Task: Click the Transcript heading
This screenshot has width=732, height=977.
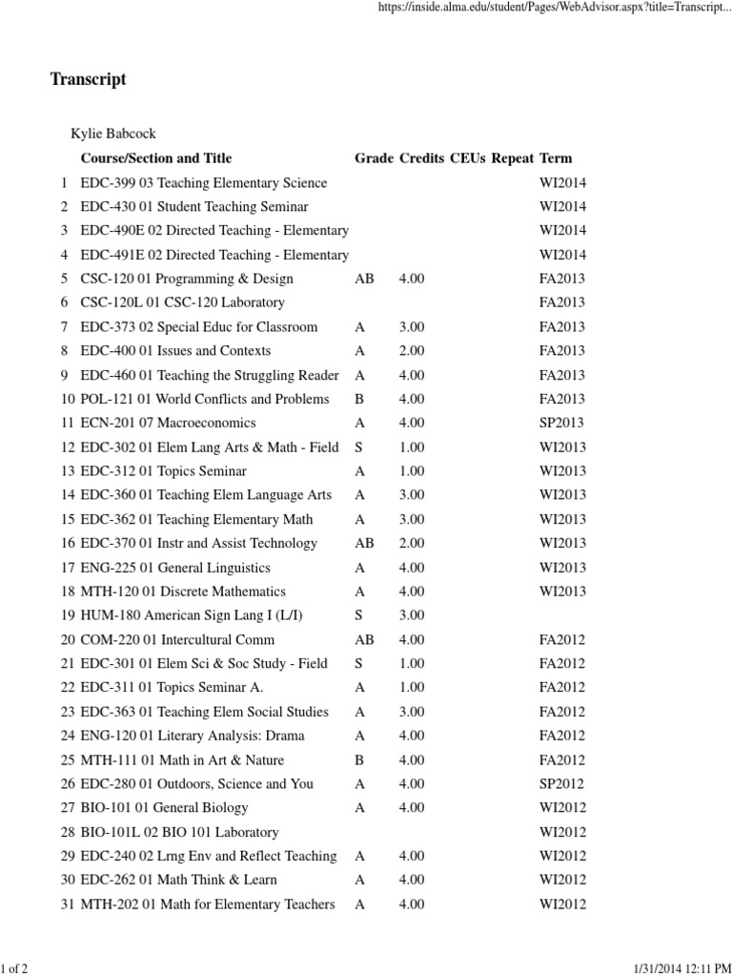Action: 88,80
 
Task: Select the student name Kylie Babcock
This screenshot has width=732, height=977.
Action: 113,134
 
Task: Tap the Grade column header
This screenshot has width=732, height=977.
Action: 374,158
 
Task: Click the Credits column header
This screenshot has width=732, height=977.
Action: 421,158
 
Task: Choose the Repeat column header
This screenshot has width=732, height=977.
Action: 513,158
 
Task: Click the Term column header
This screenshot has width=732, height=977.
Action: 556,158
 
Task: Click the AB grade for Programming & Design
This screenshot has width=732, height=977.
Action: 364,279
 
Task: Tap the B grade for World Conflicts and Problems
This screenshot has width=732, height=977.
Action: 359,399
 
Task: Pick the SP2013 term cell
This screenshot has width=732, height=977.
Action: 561,423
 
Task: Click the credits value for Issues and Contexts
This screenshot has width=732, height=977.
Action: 412,351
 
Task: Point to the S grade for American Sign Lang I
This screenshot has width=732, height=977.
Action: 359,615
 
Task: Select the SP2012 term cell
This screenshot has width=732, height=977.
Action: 561,784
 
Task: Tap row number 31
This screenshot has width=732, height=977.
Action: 67,904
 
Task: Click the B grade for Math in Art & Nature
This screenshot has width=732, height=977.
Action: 359,760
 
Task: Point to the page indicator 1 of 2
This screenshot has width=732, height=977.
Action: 14,968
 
